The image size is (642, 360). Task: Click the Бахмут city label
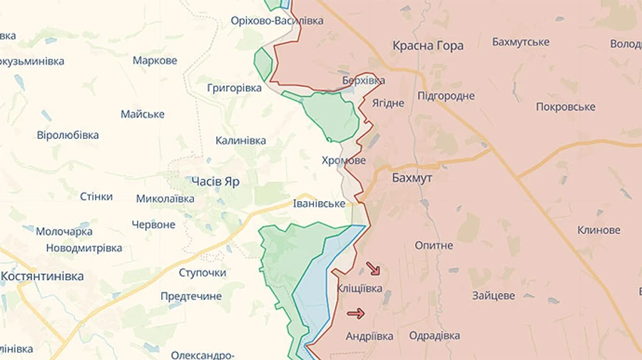[x=412, y=178]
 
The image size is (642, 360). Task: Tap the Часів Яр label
[x=215, y=181]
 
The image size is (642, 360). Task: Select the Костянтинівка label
[x=42, y=276]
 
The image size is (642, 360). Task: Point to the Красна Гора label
[x=428, y=46]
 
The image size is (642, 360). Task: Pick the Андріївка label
[x=369, y=336]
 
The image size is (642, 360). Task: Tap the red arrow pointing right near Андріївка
[x=356, y=313]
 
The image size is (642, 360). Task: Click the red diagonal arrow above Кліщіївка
[x=373, y=269]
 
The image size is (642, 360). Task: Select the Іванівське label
[x=319, y=204]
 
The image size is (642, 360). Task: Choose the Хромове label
[x=343, y=160]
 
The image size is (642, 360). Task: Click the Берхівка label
[x=363, y=81]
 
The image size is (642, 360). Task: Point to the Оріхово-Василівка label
[x=277, y=21]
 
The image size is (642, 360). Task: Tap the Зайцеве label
[x=493, y=295]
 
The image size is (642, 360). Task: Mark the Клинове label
[x=598, y=230]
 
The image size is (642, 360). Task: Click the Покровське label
[x=566, y=107]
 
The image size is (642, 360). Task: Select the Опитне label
[x=434, y=245]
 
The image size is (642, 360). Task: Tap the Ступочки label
[x=202, y=272]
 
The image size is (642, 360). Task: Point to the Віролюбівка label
[x=68, y=135]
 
